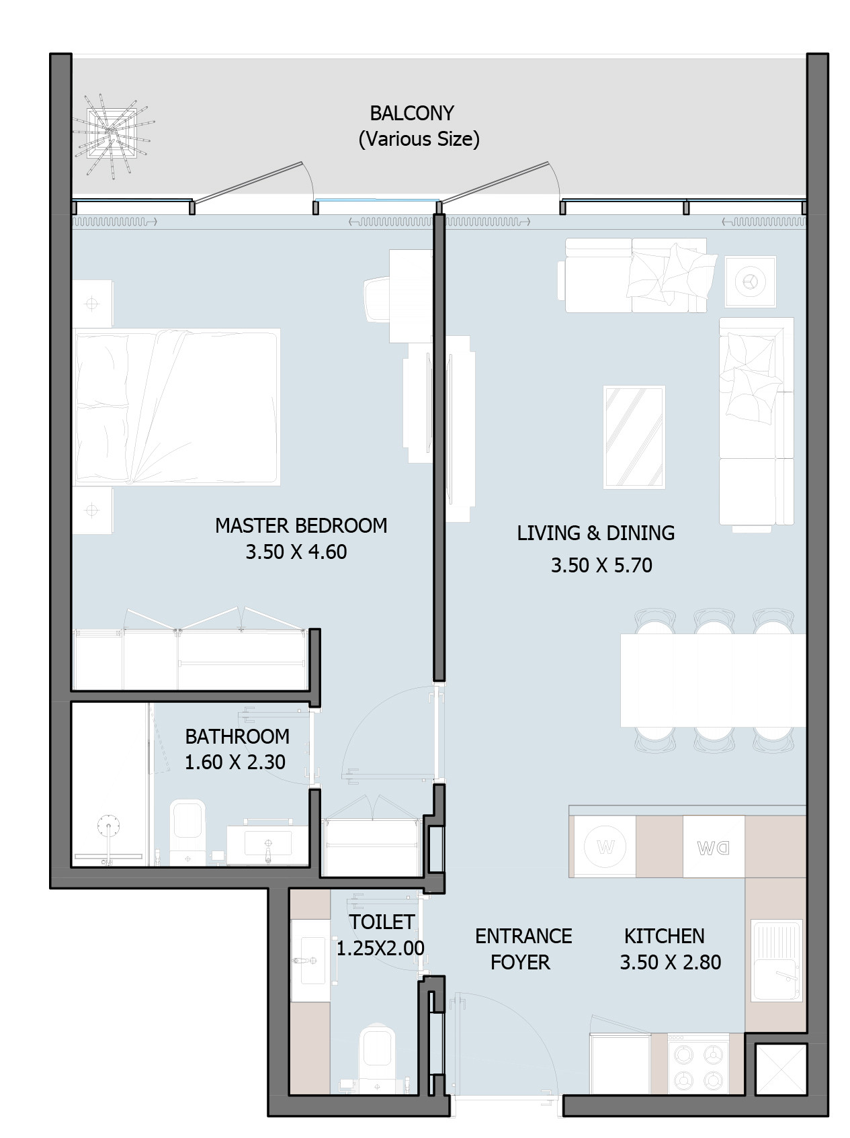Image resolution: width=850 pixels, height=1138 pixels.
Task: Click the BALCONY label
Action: click(411, 113)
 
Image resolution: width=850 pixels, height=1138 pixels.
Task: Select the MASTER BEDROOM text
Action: click(301, 525)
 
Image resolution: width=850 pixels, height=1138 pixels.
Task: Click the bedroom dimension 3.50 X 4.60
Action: click(296, 552)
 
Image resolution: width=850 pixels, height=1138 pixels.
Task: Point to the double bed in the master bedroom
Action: click(176, 407)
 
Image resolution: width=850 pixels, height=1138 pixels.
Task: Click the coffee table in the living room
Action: click(634, 437)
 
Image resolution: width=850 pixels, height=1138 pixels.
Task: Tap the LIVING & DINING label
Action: click(595, 533)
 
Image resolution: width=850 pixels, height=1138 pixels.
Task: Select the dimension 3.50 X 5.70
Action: click(601, 565)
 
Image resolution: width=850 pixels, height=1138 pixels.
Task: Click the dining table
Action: click(713, 680)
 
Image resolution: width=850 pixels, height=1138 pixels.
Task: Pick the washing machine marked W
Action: click(605, 846)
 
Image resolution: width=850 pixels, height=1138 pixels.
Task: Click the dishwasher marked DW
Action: click(714, 846)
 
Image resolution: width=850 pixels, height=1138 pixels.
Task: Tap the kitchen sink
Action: click(777, 961)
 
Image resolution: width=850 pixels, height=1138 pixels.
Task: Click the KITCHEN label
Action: click(664, 936)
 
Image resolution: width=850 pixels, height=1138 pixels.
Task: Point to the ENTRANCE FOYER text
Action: click(523, 949)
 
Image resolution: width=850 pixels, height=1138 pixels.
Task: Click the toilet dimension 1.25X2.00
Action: click(380, 948)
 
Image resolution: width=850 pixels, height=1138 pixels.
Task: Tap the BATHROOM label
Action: click(237, 736)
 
